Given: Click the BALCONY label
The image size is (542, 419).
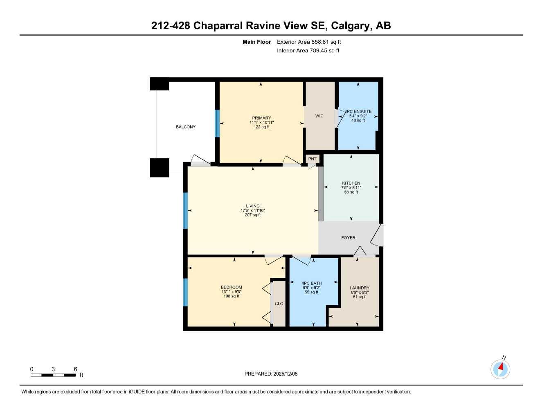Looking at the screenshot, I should click(186, 127).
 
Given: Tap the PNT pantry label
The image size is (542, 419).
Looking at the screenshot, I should click(313, 159).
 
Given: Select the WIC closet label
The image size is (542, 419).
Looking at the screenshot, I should click(319, 116).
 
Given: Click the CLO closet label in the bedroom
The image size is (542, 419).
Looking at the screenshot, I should click(279, 304).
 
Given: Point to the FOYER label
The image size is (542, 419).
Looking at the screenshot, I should click(348, 238).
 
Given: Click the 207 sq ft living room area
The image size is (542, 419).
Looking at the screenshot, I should click(252, 215).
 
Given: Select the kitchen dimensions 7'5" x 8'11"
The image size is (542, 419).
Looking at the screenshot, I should click(351, 188).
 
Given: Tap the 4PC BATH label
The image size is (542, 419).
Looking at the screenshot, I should click(311, 283).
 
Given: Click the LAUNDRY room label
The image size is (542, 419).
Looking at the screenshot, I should click(360, 288).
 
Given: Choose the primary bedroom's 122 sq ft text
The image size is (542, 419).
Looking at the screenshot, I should click(261, 127).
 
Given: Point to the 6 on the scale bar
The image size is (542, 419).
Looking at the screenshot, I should click(76, 369).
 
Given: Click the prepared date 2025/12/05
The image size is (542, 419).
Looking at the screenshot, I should click(286, 374).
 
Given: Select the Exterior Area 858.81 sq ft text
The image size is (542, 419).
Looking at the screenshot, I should click(309, 42).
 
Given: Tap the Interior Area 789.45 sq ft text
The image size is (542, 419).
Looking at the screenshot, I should click(308, 51).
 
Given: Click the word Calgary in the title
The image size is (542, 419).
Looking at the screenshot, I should click(350, 25).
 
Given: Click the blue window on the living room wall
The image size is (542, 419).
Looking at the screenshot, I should click(185, 210).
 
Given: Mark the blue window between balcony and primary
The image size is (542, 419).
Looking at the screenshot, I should click(217, 124).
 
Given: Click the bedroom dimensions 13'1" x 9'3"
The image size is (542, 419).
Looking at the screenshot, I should click(231, 292).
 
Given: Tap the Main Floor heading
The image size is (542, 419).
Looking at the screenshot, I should click(256, 42).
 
